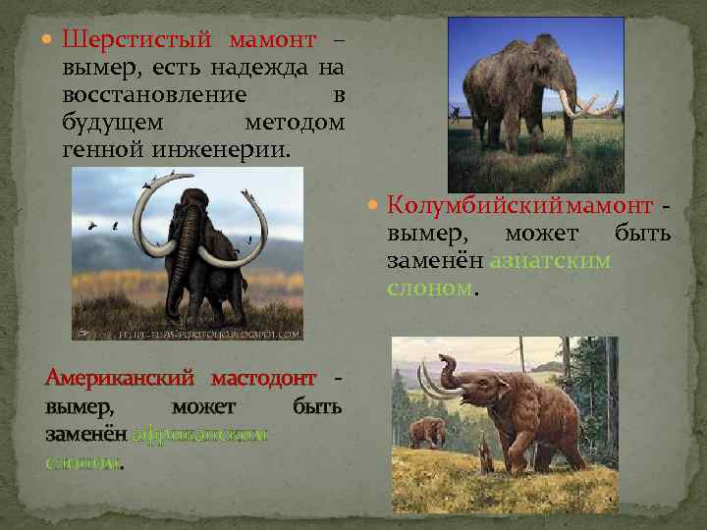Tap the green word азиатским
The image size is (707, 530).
(x=553, y=261)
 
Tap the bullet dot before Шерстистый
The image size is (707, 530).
(x=48, y=42)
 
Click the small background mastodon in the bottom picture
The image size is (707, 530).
(x=427, y=432)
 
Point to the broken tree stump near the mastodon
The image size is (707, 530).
(x=483, y=451)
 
